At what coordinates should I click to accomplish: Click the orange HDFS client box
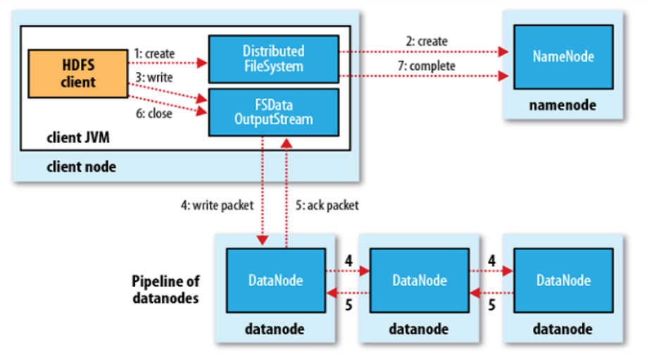tap(78, 74)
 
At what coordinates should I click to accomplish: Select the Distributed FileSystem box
tap(274, 59)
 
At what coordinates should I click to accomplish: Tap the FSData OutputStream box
tap(274, 112)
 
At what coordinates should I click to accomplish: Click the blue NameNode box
tap(563, 57)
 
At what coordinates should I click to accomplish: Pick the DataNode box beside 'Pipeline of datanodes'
tap(276, 280)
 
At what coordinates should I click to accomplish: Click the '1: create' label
tap(154, 54)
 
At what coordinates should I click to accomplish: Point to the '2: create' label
tap(427, 42)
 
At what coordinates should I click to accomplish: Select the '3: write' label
tap(154, 77)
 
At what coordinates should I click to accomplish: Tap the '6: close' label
tap(154, 113)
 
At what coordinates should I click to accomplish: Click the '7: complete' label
tap(427, 66)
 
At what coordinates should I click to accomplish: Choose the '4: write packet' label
tap(217, 206)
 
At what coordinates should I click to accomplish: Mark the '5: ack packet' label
tap(327, 206)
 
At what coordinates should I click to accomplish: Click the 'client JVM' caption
tap(78, 137)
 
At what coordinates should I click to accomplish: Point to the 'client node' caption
tap(82, 167)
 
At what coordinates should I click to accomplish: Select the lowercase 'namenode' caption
tap(562, 105)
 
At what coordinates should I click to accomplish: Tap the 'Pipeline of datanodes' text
tap(165, 290)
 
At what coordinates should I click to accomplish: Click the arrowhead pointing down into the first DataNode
tap(263, 240)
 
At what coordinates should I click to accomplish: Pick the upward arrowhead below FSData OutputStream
tap(287, 143)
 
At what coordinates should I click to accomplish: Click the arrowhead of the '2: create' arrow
tap(503, 52)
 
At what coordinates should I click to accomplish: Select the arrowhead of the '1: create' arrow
tap(202, 63)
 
